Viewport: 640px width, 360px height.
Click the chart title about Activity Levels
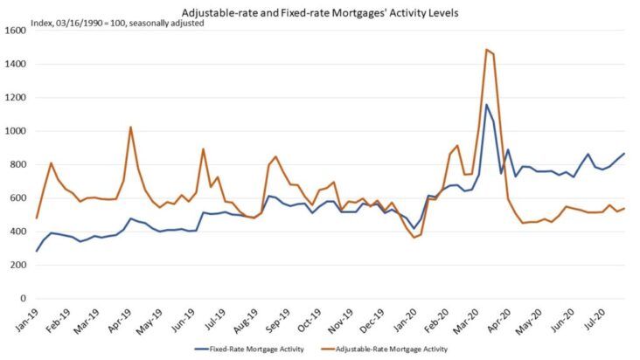point(320,11)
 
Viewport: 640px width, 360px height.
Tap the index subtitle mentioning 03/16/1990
point(104,24)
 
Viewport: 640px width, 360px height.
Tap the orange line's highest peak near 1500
point(486,50)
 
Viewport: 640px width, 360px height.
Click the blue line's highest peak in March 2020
point(487,105)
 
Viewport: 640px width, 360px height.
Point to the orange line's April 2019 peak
point(130,128)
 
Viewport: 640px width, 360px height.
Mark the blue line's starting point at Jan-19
point(37,251)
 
